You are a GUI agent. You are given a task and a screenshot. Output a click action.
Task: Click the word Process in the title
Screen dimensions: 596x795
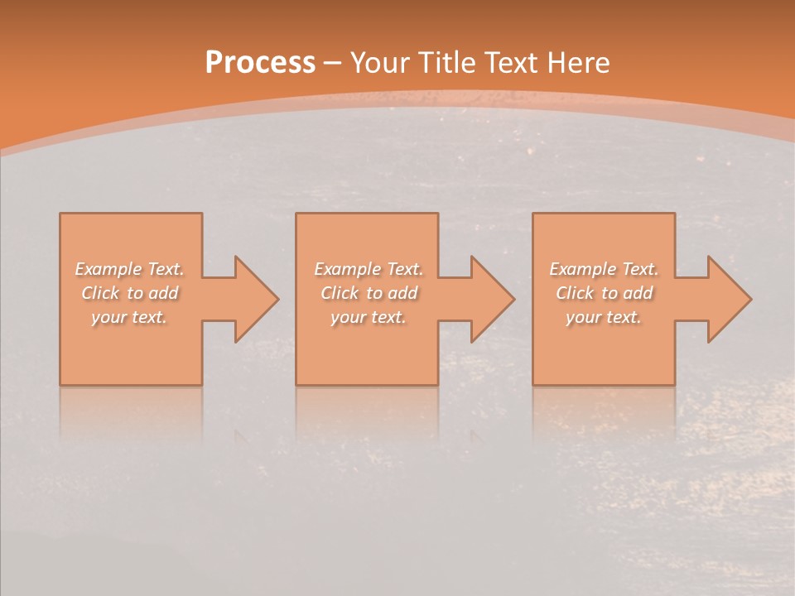click(x=260, y=63)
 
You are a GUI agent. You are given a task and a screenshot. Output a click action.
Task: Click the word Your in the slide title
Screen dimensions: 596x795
click(x=380, y=63)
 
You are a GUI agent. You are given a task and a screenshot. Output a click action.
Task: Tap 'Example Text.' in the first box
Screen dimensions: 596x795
click(x=129, y=269)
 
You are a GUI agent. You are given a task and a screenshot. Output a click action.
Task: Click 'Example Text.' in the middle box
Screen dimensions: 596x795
click(x=368, y=269)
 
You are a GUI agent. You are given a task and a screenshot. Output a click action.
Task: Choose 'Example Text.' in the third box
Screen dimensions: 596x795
click(x=604, y=269)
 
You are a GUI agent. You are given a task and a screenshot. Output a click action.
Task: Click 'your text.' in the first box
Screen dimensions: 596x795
click(x=129, y=317)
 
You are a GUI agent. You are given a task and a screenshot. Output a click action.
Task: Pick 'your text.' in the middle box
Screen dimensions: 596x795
click(x=368, y=317)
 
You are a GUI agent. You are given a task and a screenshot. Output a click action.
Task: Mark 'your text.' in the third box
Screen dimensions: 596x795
click(x=604, y=317)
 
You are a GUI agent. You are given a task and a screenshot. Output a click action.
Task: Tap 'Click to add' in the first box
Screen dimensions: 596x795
click(x=129, y=293)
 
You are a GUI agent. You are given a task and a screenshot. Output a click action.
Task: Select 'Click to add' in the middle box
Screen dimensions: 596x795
click(x=368, y=293)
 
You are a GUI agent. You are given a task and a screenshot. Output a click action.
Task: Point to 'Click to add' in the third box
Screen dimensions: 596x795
click(x=604, y=293)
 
